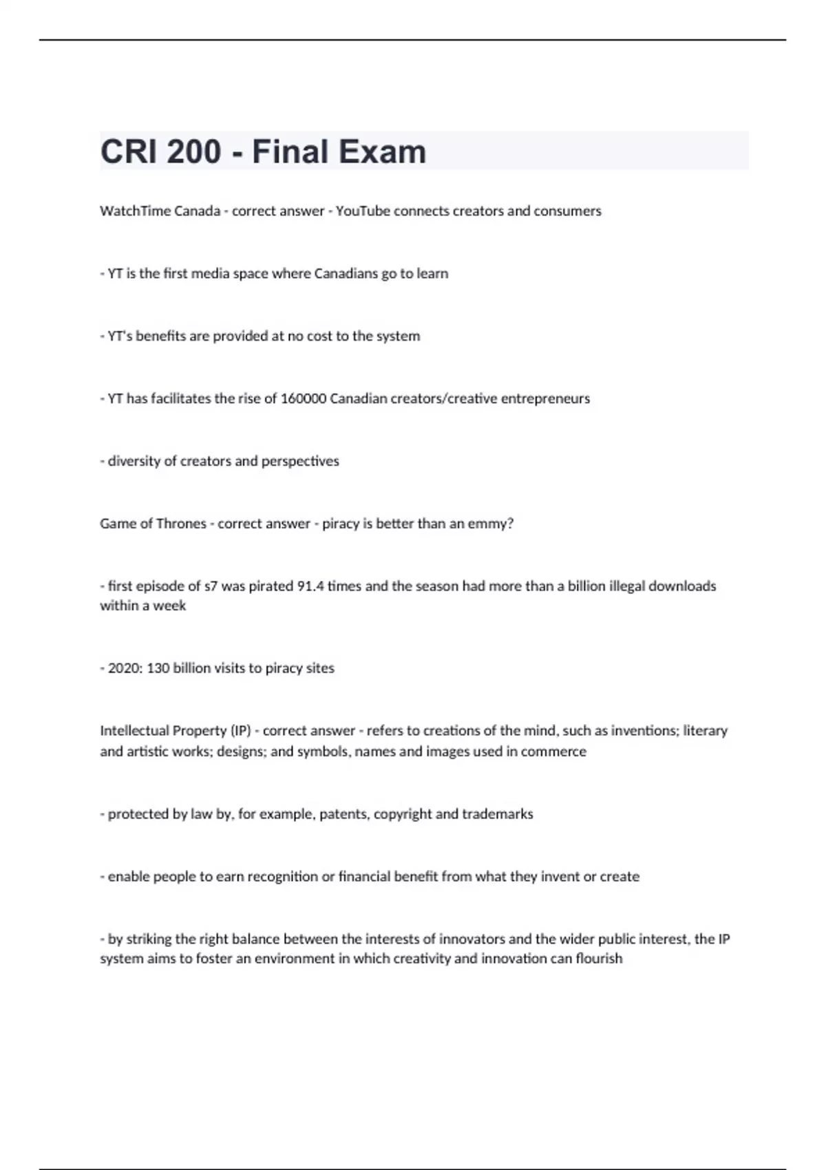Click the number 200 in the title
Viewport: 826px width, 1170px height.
[193, 151]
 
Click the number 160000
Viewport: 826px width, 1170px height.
[304, 398]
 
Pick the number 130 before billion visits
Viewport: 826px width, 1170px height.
[158, 668]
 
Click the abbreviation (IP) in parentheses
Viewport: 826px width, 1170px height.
[241, 731]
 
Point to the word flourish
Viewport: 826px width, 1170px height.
[597, 959]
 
